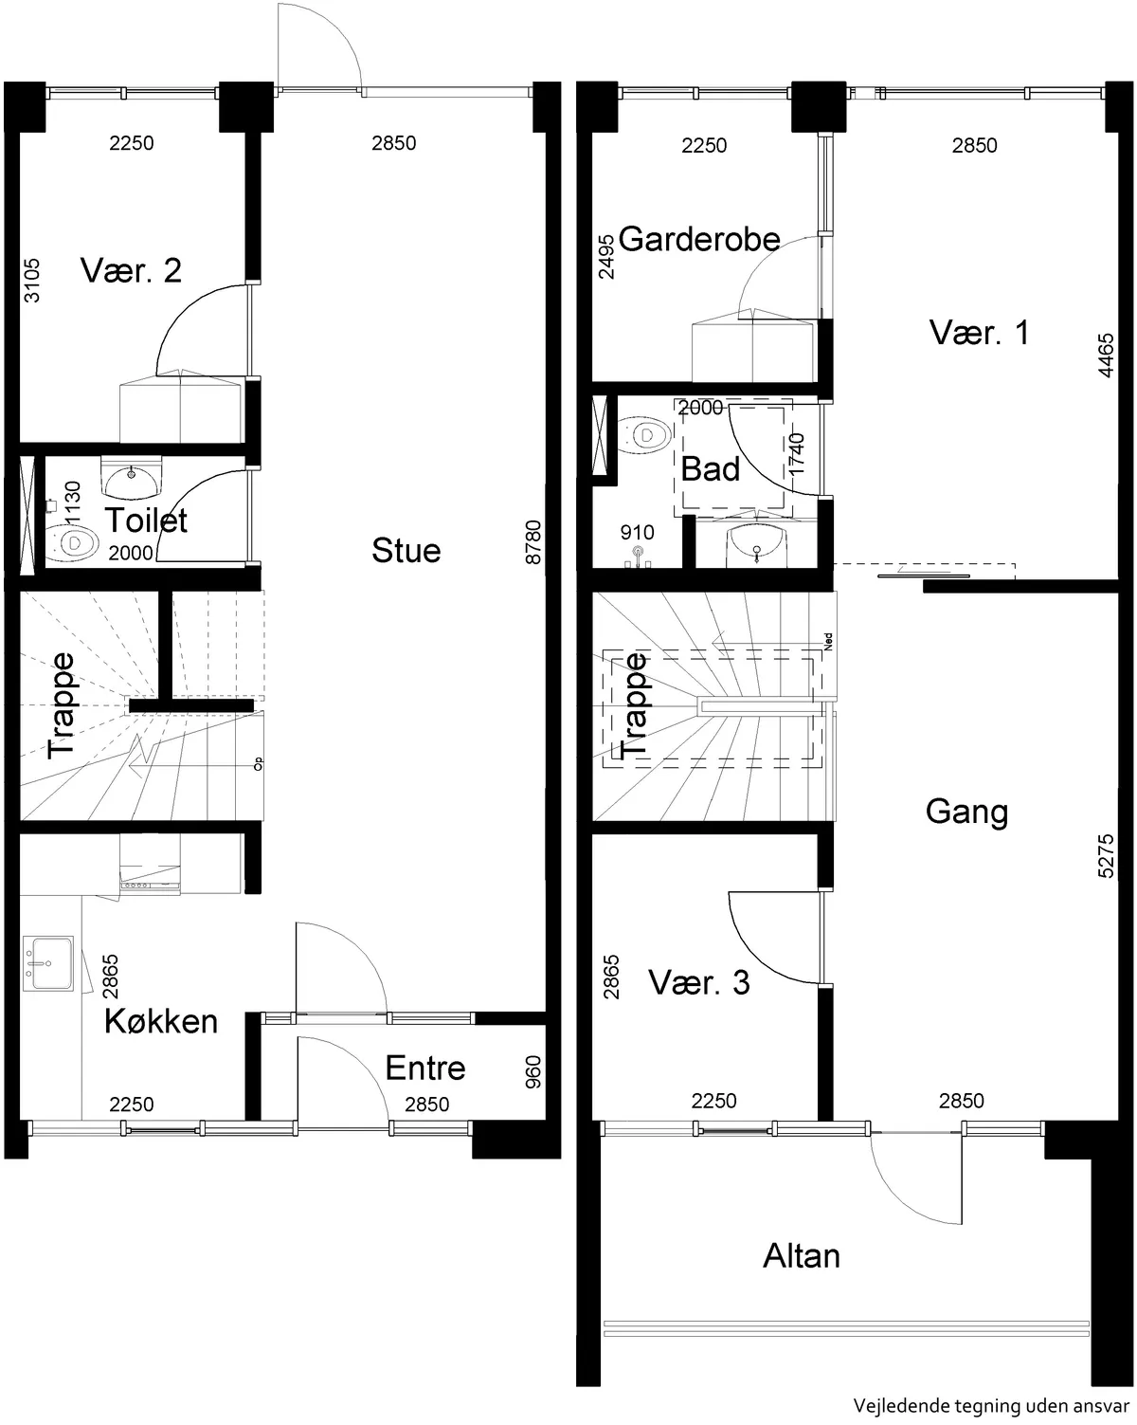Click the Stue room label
pyautogui.click(x=406, y=550)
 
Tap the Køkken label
pyautogui.click(x=161, y=1021)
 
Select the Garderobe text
pyautogui.click(x=699, y=239)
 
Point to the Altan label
pyautogui.click(x=802, y=1256)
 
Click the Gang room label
pyautogui.click(x=966, y=813)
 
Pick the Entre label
pyautogui.click(x=425, y=1069)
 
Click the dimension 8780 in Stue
pyautogui.click(x=532, y=542)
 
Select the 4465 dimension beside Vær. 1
pyautogui.click(x=1106, y=356)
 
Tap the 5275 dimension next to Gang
pyautogui.click(x=1106, y=856)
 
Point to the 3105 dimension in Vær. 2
pyautogui.click(x=31, y=281)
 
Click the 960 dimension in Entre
pyautogui.click(x=532, y=1072)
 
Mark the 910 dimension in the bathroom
pyautogui.click(x=637, y=533)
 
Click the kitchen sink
pyautogui.click(x=47, y=963)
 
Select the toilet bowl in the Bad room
pyautogui.click(x=644, y=435)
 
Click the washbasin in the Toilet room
pyautogui.click(x=131, y=478)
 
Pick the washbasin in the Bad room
pyautogui.click(x=757, y=545)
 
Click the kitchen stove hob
pyautogui.click(x=150, y=885)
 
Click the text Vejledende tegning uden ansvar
pyautogui.click(x=991, y=1405)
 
